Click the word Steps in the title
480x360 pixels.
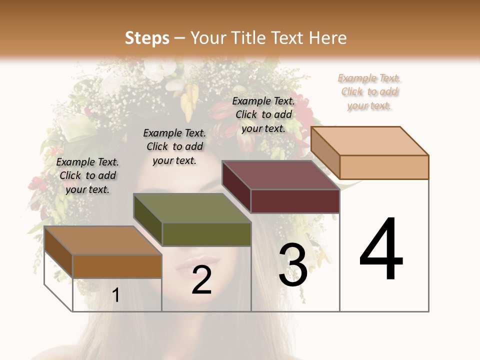click(x=147, y=38)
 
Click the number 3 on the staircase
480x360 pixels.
click(x=293, y=265)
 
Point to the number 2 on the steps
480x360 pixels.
click(x=201, y=280)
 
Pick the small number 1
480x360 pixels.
click(x=116, y=295)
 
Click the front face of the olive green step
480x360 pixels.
click(x=206, y=234)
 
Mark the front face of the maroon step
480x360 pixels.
click(x=295, y=201)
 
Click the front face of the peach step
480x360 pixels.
click(x=384, y=167)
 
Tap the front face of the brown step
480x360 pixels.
click(x=117, y=266)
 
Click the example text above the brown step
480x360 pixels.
click(x=87, y=175)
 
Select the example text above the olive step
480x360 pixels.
click(x=174, y=146)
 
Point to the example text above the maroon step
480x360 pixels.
click(x=263, y=114)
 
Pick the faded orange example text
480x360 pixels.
click(x=369, y=91)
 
